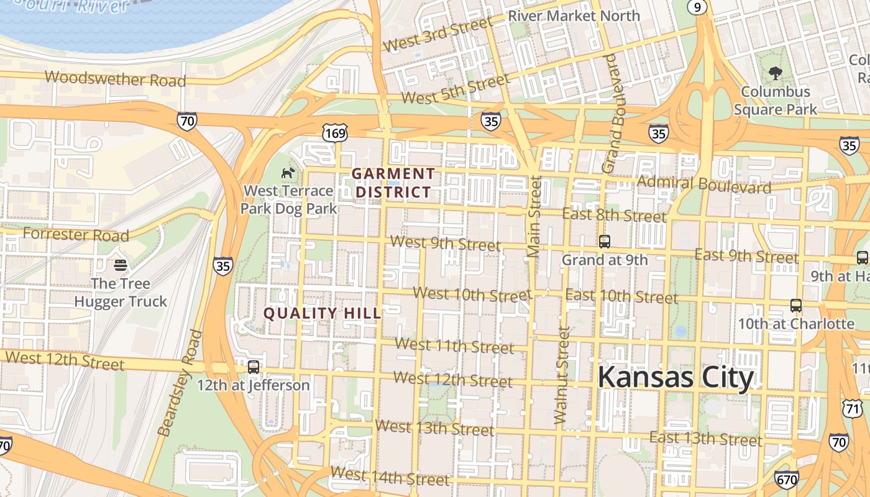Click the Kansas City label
pyautogui.click(x=675, y=377)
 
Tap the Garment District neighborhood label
pyautogui.click(x=393, y=183)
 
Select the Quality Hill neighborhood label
pyautogui.click(x=322, y=313)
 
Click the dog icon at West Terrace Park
pyautogui.click(x=288, y=173)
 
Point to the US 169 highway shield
pyautogui.click(x=334, y=132)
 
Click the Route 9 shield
pyautogui.click(x=697, y=6)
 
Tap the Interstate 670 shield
pyautogui.click(x=786, y=479)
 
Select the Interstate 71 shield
pyautogui.click(x=853, y=408)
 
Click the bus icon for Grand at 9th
pyautogui.click(x=604, y=242)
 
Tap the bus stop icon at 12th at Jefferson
pyautogui.click(x=253, y=367)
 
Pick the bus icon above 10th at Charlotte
pyautogui.click(x=795, y=306)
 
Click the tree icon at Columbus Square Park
pyautogui.click(x=775, y=73)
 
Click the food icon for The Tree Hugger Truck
pyautogui.click(x=121, y=265)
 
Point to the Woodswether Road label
pyautogui.click(x=116, y=79)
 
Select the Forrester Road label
pyautogui.click(x=76, y=235)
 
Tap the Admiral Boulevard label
pyautogui.click(x=704, y=184)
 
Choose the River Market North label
pyautogui.click(x=574, y=16)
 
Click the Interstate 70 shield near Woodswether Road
pyautogui.click(x=186, y=121)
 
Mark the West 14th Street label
pyautogui.click(x=389, y=476)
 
